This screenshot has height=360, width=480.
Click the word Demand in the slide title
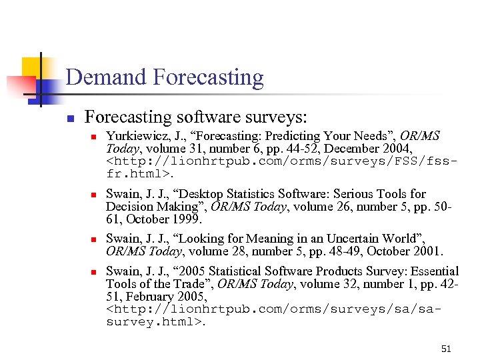click(x=107, y=77)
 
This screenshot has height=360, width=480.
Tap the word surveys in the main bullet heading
click(x=275, y=117)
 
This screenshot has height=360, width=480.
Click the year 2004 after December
click(x=397, y=149)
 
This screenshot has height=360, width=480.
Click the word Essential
click(x=428, y=271)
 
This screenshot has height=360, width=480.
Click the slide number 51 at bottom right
click(x=446, y=348)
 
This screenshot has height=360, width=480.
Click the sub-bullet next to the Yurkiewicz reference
click(x=94, y=137)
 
